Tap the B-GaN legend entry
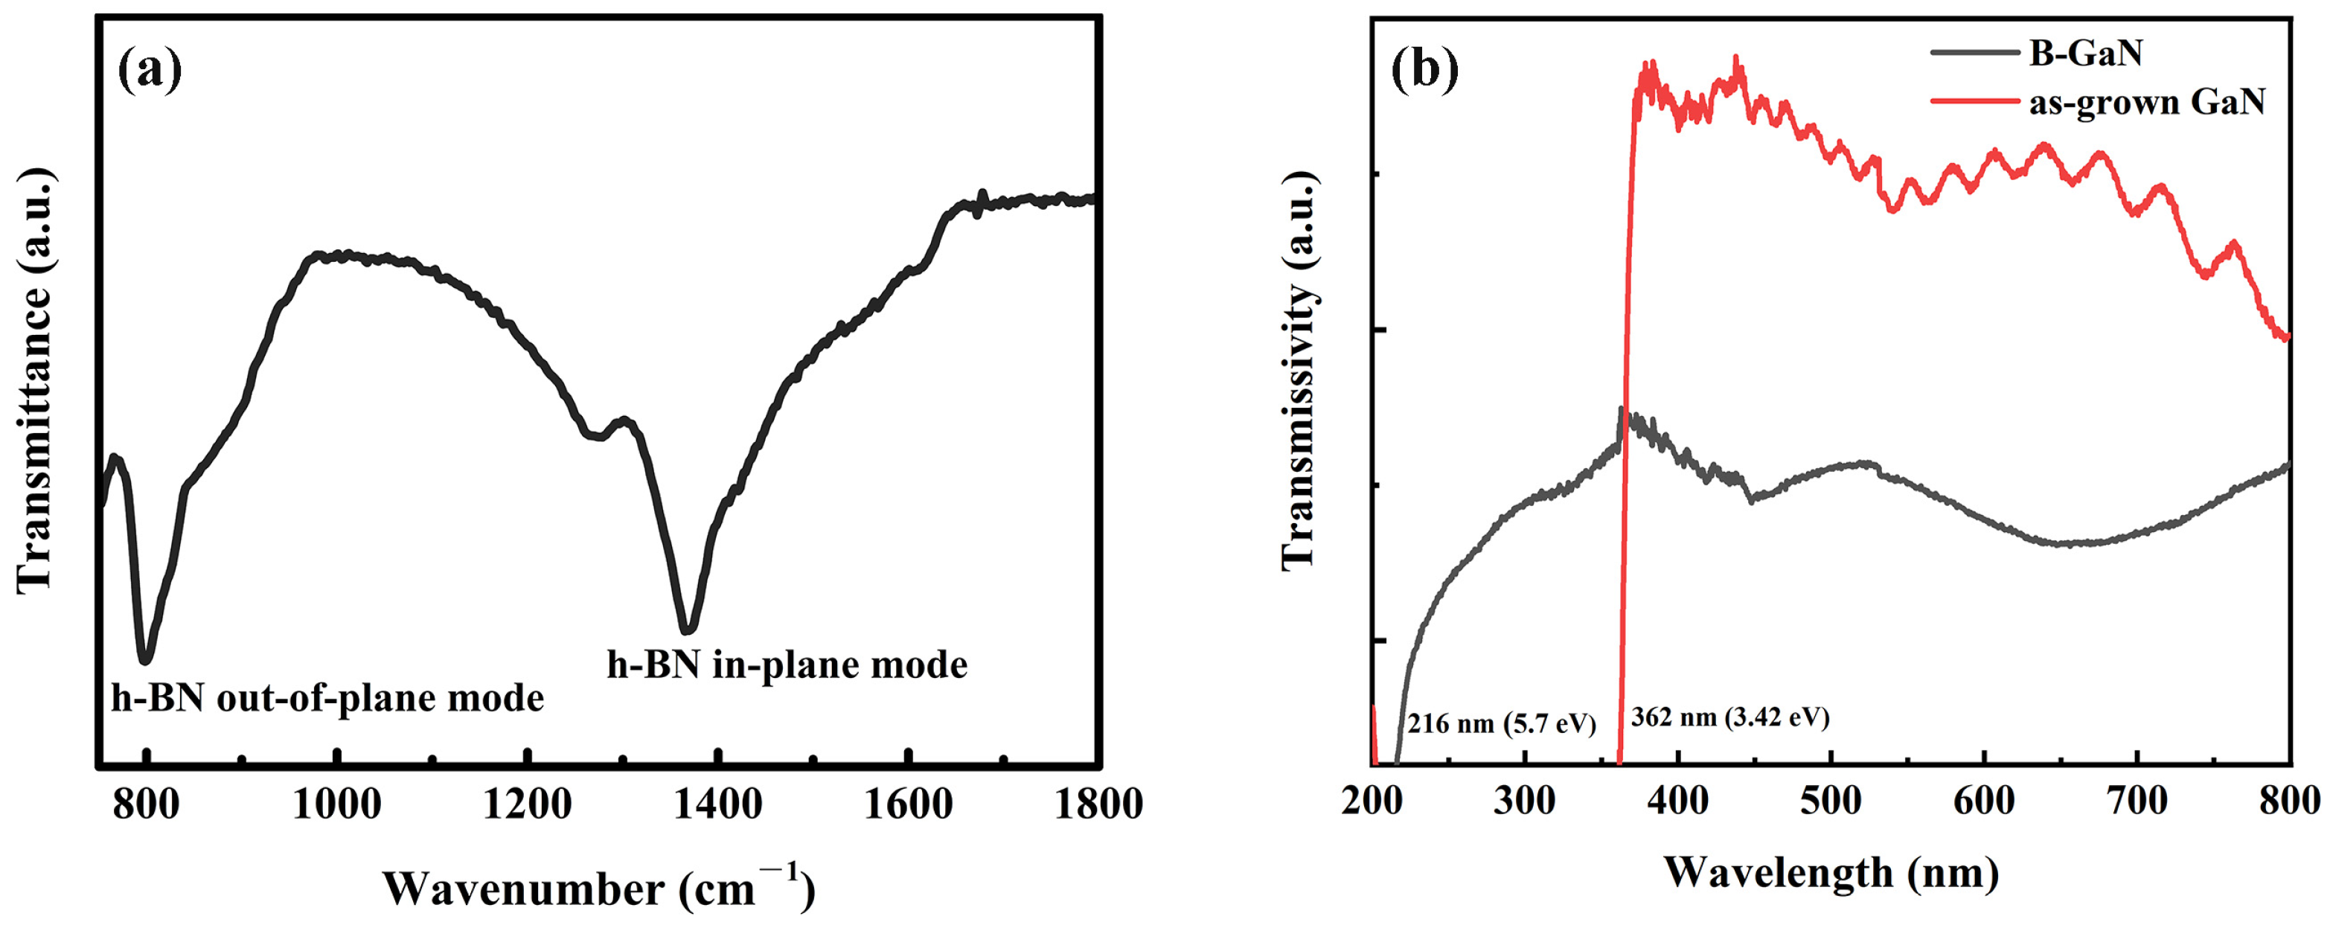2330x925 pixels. [x=2085, y=54]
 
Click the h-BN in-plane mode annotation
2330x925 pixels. [x=787, y=665]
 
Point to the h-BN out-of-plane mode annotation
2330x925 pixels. [x=327, y=697]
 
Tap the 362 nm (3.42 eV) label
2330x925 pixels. [x=1729, y=717]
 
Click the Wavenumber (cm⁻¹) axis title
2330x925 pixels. [x=599, y=888]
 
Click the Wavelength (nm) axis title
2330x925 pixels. [x=1831, y=874]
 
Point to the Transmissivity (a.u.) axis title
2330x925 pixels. [x=1300, y=371]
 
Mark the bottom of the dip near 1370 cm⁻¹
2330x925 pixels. [x=688, y=630]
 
